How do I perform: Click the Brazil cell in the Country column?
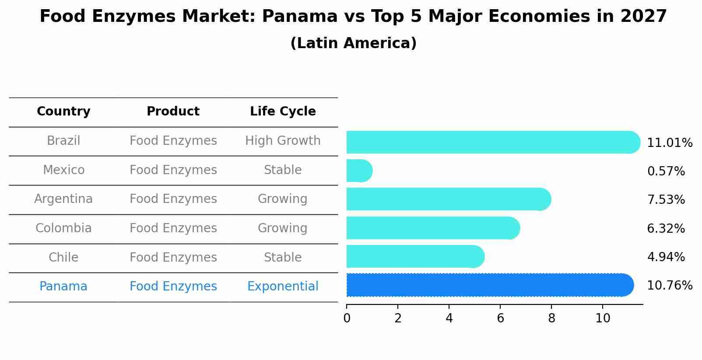click(63, 141)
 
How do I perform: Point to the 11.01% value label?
click(670, 143)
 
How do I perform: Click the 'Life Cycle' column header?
click(283, 112)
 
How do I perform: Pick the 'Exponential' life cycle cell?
click(283, 287)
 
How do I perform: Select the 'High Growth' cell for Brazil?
click(283, 141)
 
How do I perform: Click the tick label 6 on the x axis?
click(500, 318)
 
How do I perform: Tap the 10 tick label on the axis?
click(603, 318)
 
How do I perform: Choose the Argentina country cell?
click(63, 199)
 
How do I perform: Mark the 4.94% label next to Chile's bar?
click(666, 257)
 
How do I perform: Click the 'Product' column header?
click(173, 112)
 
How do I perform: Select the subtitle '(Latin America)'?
click(353, 43)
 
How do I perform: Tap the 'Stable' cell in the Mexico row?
click(283, 170)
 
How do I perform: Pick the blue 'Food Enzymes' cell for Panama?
click(173, 287)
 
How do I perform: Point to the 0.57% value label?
click(666, 171)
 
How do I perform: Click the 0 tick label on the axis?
click(347, 318)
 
